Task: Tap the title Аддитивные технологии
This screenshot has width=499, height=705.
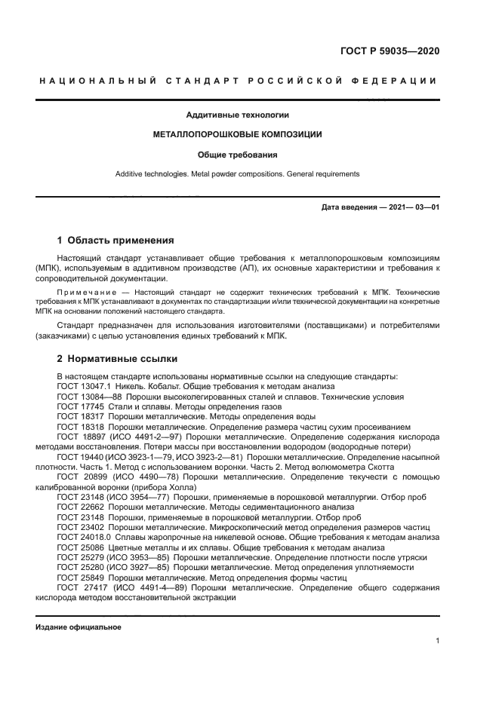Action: click(238, 115)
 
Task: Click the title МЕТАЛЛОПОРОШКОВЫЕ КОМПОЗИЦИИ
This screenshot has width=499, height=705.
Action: click(238, 135)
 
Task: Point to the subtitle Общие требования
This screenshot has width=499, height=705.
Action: click(238, 155)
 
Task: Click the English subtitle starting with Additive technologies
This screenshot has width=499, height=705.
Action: click(238, 173)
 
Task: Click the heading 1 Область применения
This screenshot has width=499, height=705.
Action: click(116, 241)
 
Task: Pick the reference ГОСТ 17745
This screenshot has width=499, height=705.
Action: click(79, 406)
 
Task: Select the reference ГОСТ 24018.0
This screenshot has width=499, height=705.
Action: click(82, 537)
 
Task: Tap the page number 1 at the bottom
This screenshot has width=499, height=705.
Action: click(437, 641)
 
